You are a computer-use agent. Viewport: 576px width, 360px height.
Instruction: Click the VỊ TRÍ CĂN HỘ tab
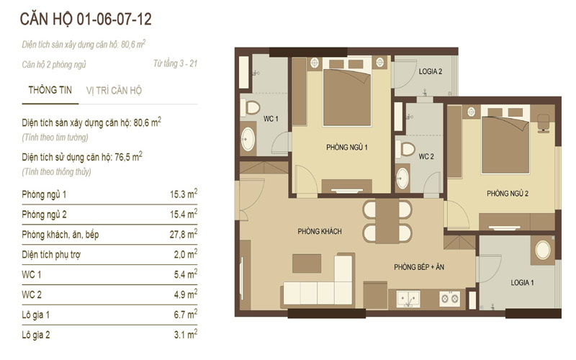pos(114,91)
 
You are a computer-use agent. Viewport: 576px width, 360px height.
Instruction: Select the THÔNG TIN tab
pos(50,90)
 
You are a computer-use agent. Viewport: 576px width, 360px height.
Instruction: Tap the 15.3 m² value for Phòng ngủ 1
pos(184,194)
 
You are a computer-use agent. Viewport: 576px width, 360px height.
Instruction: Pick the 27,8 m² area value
pos(184,233)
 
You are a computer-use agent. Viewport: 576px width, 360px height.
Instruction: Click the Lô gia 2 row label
pos(36,335)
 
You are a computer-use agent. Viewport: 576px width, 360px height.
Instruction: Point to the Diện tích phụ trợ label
pos(51,255)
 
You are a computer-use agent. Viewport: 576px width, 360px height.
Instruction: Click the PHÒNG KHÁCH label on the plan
pos(320,231)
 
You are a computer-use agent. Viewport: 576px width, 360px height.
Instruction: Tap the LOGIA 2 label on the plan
pos(431,71)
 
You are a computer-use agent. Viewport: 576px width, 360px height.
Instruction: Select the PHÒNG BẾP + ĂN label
pos(419,267)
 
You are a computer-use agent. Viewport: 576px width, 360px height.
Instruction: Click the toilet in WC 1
pos(251,108)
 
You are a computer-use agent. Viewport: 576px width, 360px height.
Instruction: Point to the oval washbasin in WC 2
pos(402,179)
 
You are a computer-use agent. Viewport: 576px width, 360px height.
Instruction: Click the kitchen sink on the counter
pos(408,299)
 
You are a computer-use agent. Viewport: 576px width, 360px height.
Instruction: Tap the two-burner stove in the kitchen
pos(449,299)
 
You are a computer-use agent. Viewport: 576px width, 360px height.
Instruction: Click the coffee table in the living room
pos(307,264)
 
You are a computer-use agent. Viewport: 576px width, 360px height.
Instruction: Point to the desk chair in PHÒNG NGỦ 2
pos(544,122)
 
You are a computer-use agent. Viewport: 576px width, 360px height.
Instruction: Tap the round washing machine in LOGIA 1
pos(543,250)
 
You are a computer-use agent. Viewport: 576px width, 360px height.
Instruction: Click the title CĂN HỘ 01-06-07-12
pos(86,19)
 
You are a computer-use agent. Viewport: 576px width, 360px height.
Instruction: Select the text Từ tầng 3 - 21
pos(175,63)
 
